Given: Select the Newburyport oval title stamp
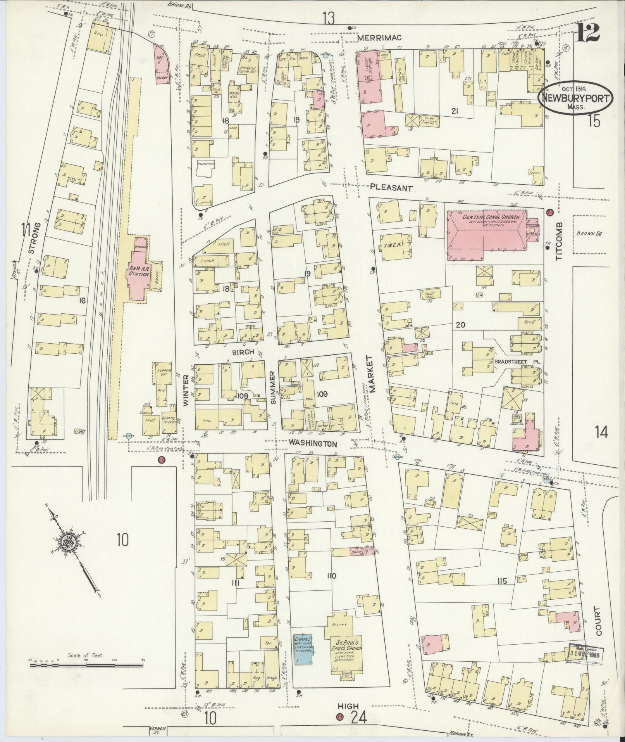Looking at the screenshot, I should coord(575,98).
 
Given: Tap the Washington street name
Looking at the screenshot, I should coord(313,443).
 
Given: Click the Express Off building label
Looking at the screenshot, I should coord(164,373).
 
